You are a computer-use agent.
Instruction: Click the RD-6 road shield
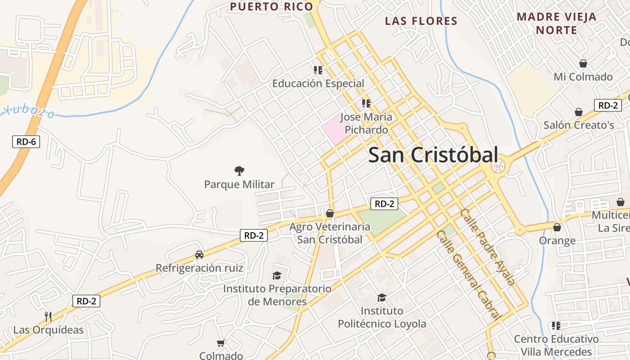tap(26, 142)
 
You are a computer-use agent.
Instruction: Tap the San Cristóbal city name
tap(433, 155)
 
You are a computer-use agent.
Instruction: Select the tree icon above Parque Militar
tap(239, 171)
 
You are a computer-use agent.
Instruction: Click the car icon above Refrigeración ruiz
tap(199, 255)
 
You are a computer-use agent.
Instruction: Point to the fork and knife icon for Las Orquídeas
tap(48, 316)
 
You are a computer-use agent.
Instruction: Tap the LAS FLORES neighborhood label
tap(421, 21)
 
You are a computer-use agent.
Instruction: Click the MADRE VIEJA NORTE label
tap(556, 23)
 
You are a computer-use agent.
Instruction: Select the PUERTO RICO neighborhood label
tap(271, 7)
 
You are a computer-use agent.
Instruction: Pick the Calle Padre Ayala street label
tap(487, 247)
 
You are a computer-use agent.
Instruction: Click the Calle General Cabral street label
tap(469, 274)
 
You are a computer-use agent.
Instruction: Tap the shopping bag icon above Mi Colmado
tap(583, 63)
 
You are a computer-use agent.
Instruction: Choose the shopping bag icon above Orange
tap(557, 227)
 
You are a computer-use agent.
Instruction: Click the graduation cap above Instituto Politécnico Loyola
tap(382, 297)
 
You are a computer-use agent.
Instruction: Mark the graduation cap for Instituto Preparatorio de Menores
tap(277, 275)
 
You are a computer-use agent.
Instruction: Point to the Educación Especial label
tap(318, 83)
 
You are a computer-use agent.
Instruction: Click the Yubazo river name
tap(28, 111)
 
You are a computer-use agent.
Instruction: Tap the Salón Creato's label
tap(579, 125)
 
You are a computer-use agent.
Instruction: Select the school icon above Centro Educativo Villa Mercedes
tap(556, 325)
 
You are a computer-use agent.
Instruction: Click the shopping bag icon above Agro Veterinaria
tap(330, 213)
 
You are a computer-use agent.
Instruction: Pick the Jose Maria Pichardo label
tap(366, 123)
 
